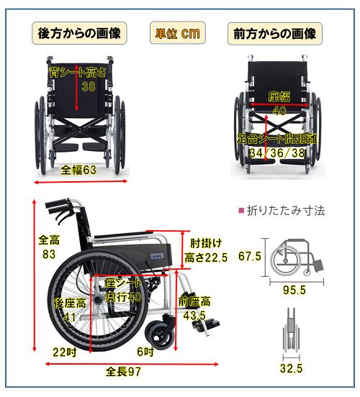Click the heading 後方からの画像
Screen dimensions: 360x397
tap(79, 33)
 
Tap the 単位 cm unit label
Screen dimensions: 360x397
tap(177, 33)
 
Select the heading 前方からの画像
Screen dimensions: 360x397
tap(275, 34)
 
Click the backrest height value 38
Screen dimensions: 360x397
tap(89, 86)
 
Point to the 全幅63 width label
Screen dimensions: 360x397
tap(78, 170)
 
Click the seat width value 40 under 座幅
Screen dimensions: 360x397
tap(279, 110)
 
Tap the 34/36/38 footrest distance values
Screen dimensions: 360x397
tap(277, 152)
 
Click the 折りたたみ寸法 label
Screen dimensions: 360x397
tap(286, 211)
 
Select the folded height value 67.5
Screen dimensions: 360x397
tap(250, 256)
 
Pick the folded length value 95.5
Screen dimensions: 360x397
tap(294, 290)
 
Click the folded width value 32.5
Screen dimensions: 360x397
tap(292, 369)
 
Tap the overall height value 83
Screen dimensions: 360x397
tap(49, 254)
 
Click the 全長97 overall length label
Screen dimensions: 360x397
tap(123, 372)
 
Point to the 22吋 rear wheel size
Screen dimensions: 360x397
tap(65, 352)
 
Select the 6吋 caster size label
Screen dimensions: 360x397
tap(145, 352)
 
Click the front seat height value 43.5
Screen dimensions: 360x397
tap(194, 316)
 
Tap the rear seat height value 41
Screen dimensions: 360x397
tap(69, 316)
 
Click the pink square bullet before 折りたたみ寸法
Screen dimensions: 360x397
tap(241, 210)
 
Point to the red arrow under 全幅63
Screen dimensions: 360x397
tap(81, 181)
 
